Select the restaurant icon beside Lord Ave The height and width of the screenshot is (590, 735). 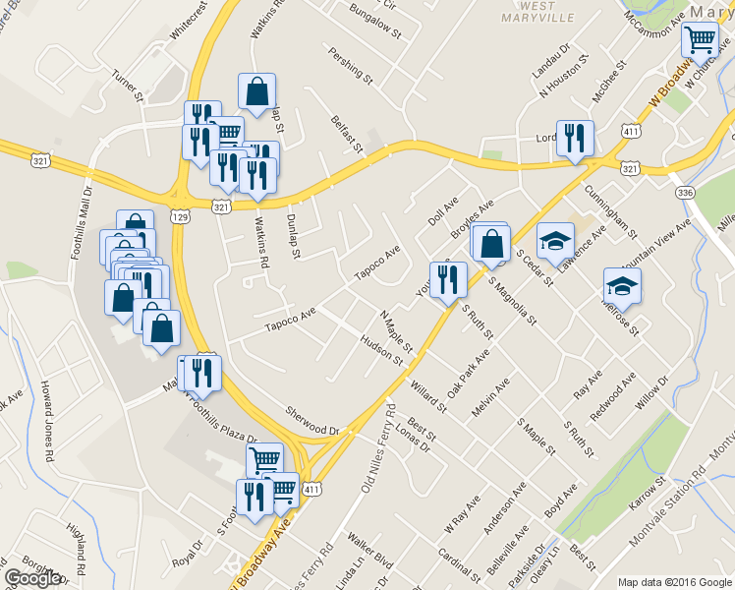572,139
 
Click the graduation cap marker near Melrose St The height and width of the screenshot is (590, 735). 621,286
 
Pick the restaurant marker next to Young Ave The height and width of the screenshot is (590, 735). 448,280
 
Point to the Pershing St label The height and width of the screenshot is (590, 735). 352,64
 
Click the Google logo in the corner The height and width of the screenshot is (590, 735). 32,578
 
